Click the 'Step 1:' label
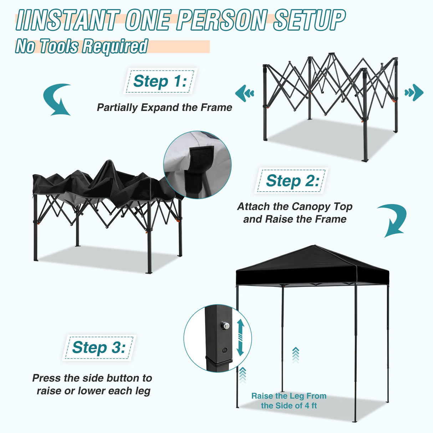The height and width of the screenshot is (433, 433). click(x=159, y=81)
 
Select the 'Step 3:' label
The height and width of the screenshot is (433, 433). click(x=99, y=347)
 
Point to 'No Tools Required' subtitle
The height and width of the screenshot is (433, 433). click(x=81, y=46)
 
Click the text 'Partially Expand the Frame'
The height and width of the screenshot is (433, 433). click(x=164, y=107)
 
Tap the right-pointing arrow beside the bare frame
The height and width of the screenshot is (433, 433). click(x=414, y=93)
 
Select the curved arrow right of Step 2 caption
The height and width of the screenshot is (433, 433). click(x=393, y=220)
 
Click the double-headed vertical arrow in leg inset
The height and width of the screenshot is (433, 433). click(x=240, y=337)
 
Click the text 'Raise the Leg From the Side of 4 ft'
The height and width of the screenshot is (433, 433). click(x=289, y=401)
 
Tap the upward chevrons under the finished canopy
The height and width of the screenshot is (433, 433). click(x=295, y=355)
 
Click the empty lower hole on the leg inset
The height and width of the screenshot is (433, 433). click(x=225, y=350)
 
